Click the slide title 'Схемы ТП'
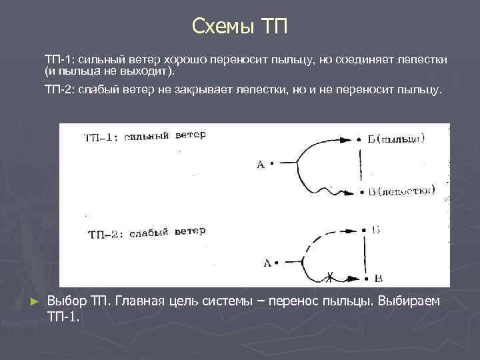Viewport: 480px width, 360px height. point(239,26)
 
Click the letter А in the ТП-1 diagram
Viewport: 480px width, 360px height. point(261,164)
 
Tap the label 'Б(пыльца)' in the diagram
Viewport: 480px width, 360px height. point(399,139)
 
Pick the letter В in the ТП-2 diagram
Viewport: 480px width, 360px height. point(378,277)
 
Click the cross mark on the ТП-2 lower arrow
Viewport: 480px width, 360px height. point(329,275)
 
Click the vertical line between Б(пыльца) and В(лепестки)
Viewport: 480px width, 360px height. point(361,165)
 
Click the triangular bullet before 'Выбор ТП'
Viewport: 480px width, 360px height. point(36,302)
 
